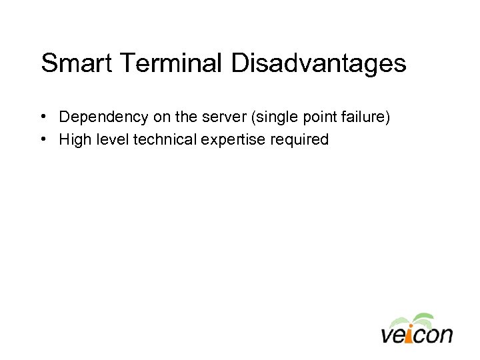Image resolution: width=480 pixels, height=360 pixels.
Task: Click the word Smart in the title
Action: (x=71, y=63)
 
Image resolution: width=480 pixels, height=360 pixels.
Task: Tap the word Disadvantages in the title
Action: (x=319, y=63)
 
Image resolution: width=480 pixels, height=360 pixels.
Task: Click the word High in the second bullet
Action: (x=73, y=140)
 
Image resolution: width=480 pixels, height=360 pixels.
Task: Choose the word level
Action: (x=110, y=139)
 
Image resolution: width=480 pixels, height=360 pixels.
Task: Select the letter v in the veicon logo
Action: (x=388, y=335)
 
